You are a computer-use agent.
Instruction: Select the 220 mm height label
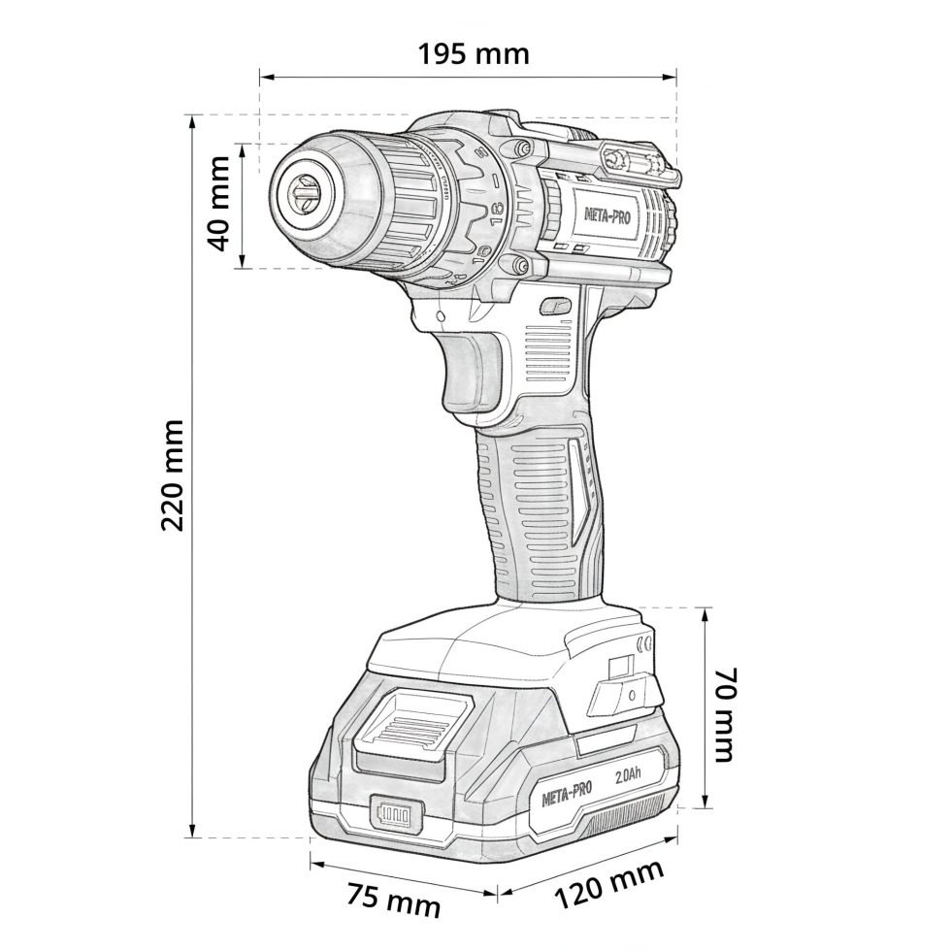click(172, 475)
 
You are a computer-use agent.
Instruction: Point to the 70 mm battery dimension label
click(725, 713)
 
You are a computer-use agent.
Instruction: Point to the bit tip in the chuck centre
click(300, 194)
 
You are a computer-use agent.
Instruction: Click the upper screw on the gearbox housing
click(523, 148)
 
